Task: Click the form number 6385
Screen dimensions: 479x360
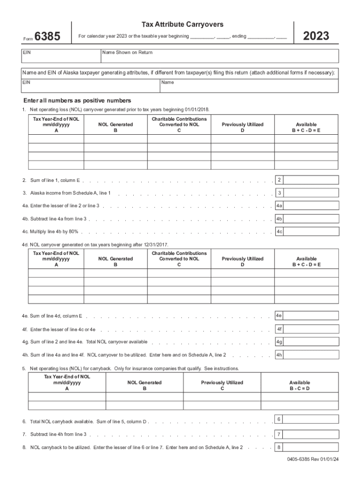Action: pyautogui.click(x=47, y=36)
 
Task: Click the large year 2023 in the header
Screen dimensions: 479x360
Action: pyautogui.click(x=317, y=36)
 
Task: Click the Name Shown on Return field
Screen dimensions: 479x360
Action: pyautogui.click(x=220, y=56)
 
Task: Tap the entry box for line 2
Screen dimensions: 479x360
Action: pyautogui.click(x=310, y=180)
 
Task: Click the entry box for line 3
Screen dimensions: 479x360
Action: pyautogui.click(x=310, y=193)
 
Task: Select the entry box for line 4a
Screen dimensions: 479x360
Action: pyautogui.click(x=310, y=205)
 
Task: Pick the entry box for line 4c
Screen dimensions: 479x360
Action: pyautogui.click(x=310, y=231)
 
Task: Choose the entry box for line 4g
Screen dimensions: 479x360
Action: pyautogui.click(x=310, y=342)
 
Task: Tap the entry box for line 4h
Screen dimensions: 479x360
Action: pyautogui.click(x=310, y=355)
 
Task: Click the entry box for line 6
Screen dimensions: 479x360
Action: pyautogui.click(x=310, y=419)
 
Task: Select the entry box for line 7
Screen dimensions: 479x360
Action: pyautogui.click(x=310, y=434)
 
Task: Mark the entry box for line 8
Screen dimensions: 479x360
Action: pyautogui.click(x=310, y=447)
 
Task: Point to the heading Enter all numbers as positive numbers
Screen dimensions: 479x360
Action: pyautogui.click(x=77, y=101)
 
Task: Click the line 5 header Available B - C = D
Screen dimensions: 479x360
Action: pyautogui.click(x=299, y=385)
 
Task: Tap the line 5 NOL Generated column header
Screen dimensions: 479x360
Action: pyautogui.click(x=144, y=385)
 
